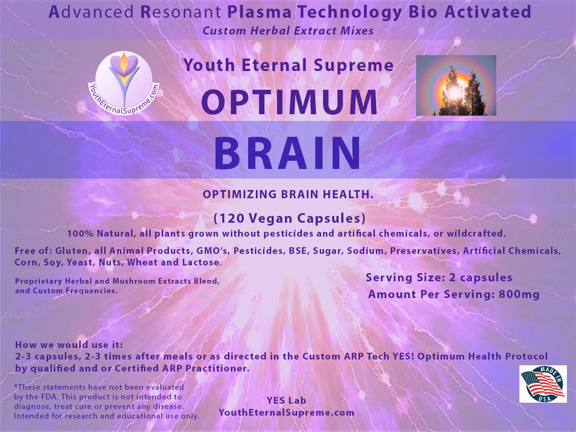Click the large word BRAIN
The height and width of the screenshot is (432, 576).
(287, 153)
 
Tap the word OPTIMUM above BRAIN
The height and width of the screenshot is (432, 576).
(290, 102)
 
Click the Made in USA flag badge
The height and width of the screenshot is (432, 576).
(543, 384)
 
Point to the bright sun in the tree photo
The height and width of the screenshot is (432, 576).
(455, 92)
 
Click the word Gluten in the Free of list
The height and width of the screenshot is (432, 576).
(71, 251)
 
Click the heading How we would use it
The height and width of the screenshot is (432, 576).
(69, 345)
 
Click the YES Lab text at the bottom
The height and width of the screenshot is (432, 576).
(286, 400)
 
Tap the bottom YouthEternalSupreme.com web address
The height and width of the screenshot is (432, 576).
(286, 412)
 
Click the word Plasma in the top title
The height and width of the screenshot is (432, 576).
(259, 12)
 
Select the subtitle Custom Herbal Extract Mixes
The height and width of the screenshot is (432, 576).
(288, 30)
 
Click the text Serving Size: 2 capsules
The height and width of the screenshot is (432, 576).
(439, 278)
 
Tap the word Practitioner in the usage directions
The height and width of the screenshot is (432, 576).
(218, 368)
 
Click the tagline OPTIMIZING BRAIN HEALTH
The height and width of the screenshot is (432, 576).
(288, 194)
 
